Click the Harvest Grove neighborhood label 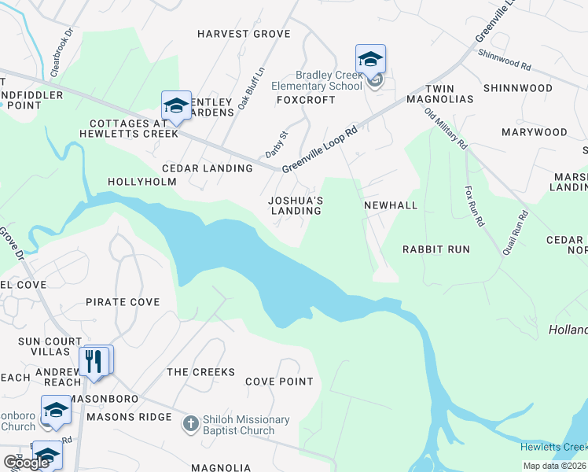(x=244, y=35)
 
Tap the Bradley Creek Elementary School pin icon (x=370, y=60)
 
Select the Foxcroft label (x=306, y=100)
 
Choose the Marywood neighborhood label (x=534, y=132)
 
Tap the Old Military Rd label (x=446, y=129)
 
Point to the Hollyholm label (x=142, y=183)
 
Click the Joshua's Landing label (x=296, y=205)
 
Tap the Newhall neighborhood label (x=391, y=205)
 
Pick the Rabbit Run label (x=436, y=249)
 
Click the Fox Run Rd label (x=473, y=206)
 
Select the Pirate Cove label (x=123, y=302)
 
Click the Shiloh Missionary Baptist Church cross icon (x=189, y=425)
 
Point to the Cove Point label (x=279, y=382)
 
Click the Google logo (x=27, y=463)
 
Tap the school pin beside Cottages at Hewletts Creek (x=176, y=106)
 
